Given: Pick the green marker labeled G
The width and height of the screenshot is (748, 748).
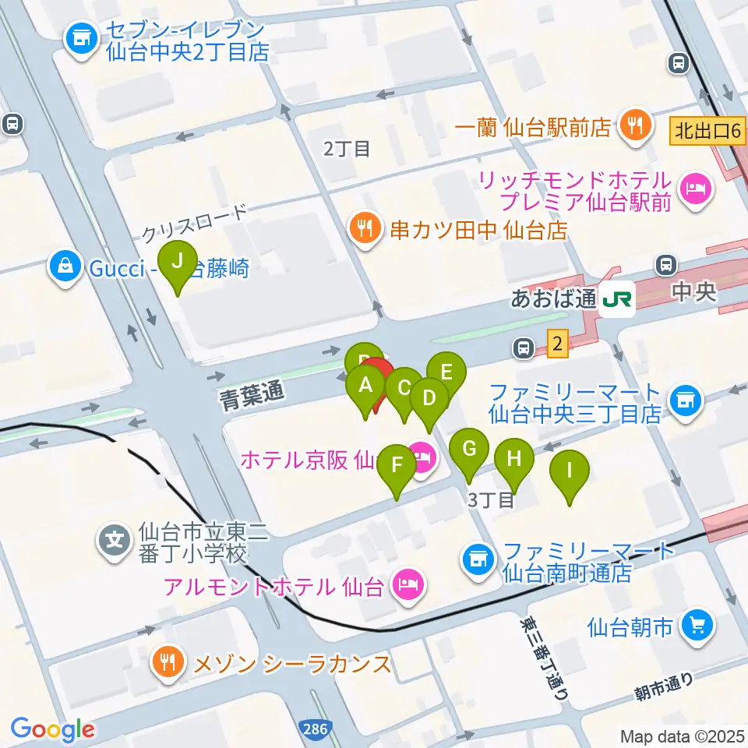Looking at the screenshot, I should [469, 450].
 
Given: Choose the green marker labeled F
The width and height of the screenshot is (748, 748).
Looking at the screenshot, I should [397, 467].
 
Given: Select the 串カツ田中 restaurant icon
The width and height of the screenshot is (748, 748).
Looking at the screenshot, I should [364, 229].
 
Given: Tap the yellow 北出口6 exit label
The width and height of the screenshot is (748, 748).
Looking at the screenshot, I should [706, 130].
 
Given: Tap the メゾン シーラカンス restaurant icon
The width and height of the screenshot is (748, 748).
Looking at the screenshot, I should [168, 663].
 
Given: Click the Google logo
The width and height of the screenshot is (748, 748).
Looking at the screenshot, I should [52, 729].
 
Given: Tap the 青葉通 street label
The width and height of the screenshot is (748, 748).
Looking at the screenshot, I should [250, 394].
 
